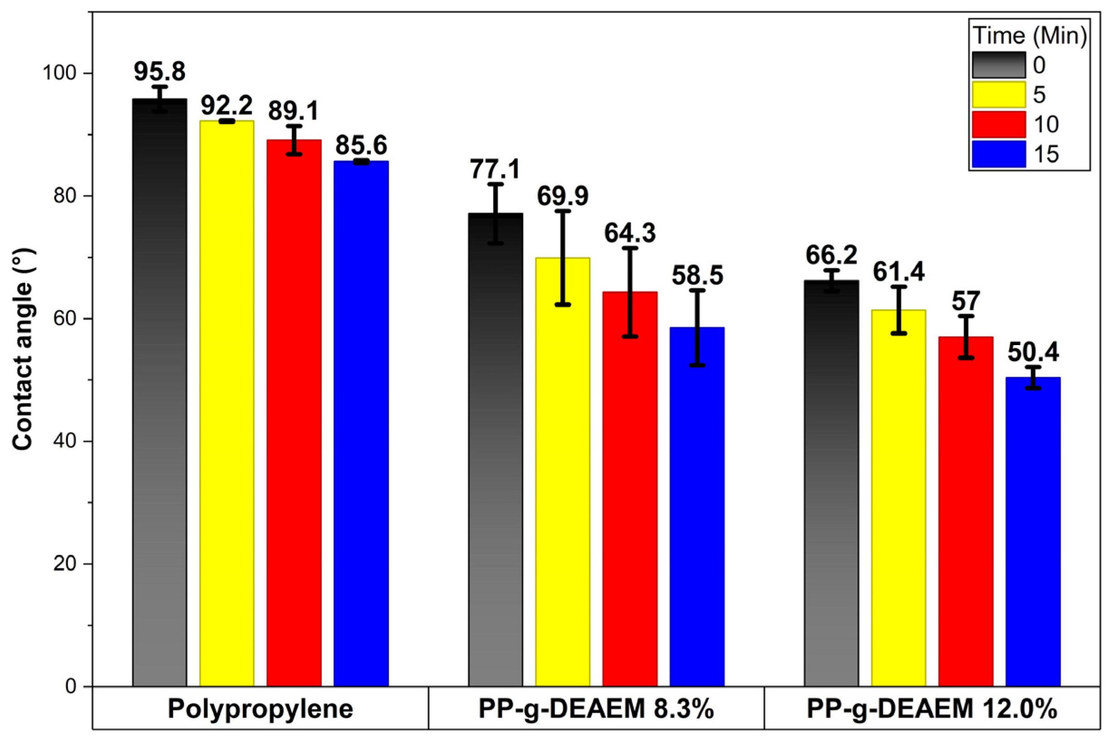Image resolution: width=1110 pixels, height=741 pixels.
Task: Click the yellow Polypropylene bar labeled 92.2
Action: pos(227,402)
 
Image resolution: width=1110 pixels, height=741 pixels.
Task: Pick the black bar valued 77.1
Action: pos(495,449)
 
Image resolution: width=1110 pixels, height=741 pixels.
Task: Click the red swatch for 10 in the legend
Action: pos(999,124)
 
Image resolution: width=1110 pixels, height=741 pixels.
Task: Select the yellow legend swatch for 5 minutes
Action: pos(999,94)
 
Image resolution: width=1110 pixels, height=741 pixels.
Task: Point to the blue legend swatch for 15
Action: pos(999,154)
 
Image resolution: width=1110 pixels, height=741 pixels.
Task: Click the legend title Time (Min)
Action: pos(1030,36)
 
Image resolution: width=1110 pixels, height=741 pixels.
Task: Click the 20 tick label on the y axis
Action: pos(66,564)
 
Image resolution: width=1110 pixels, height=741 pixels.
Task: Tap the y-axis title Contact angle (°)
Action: pos(22,350)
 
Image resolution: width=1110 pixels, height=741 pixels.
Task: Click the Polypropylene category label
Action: pos(260,709)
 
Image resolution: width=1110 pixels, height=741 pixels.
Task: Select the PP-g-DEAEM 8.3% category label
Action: pos(596,709)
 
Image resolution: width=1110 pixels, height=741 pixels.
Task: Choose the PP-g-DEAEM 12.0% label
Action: pos(932,709)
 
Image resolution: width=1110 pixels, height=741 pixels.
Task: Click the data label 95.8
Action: pos(160,72)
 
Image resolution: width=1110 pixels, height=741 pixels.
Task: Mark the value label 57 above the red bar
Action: pos(965,301)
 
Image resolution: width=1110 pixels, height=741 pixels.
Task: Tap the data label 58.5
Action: pos(697,276)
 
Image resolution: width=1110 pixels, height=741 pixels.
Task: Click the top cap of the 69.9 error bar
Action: pos(562,211)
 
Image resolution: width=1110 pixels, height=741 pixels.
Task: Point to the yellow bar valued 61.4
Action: pos(898,496)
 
